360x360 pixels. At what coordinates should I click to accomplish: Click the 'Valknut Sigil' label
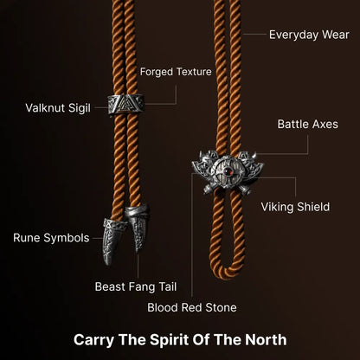coord(58,108)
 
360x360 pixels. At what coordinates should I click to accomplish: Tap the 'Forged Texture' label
coord(176,72)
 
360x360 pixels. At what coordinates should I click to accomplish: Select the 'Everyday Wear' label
coord(309,35)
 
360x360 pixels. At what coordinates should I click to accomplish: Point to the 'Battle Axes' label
coord(307,125)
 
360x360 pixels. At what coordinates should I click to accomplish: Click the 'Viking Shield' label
coord(295,207)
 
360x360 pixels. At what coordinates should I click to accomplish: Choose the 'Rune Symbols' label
coord(51,238)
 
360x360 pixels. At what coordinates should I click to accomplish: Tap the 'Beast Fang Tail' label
coord(136,286)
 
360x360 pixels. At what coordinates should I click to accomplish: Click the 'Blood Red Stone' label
coord(192,307)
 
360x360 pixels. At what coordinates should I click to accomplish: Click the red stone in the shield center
coord(228,171)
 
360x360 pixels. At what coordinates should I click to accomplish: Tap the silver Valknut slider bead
coord(126,104)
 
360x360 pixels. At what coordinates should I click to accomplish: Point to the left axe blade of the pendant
coord(203,165)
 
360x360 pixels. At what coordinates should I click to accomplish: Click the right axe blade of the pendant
coord(252,166)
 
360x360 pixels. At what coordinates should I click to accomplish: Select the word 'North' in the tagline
coord(266,339)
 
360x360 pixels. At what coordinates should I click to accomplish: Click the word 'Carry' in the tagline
coord(93,340)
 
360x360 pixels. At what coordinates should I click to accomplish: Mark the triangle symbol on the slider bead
coord(125,104)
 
